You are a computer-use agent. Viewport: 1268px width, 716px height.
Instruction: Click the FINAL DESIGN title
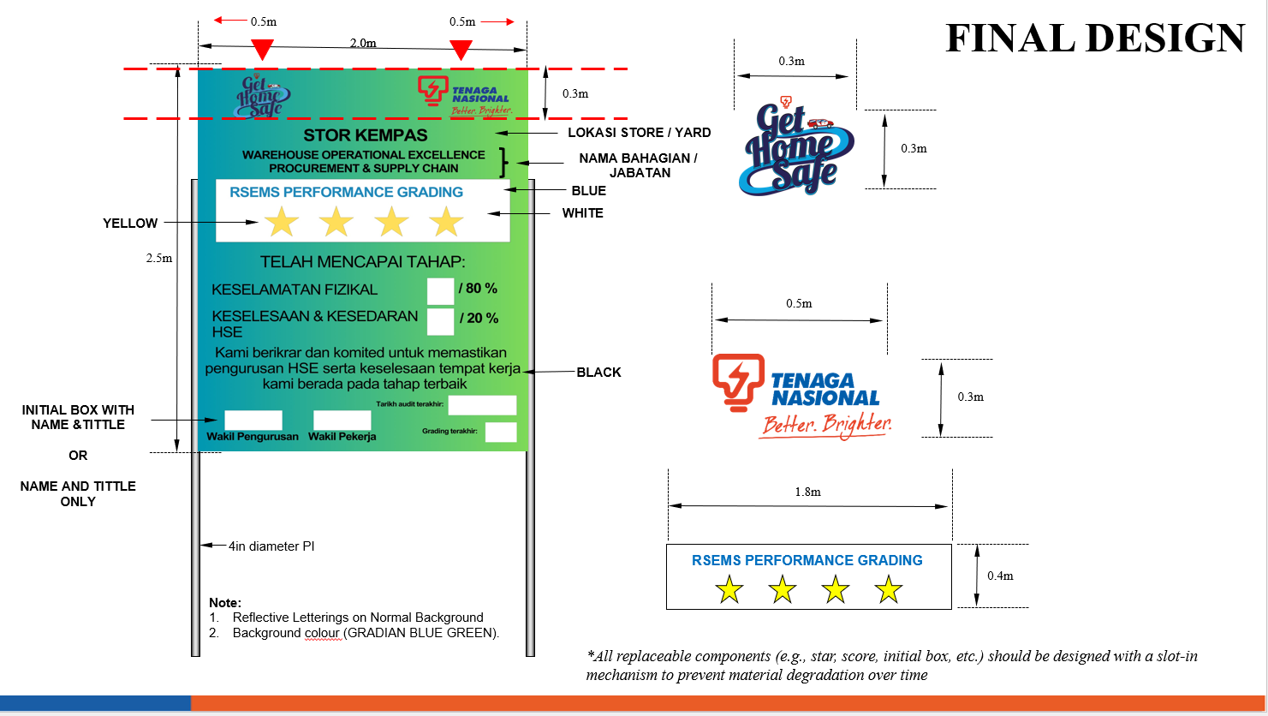(1095, 39)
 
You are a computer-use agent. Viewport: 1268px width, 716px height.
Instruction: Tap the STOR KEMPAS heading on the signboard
(365, 134)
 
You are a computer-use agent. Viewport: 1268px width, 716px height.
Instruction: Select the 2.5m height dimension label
(159, 259)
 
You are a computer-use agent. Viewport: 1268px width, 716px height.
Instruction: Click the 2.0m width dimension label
(363, 43)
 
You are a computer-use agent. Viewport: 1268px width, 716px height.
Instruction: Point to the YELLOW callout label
(130, 224)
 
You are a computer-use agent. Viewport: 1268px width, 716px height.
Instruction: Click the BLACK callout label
(599, 373)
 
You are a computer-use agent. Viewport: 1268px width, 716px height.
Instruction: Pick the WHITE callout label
(582, 213)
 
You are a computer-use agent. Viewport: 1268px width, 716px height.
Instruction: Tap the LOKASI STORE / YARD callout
(639, 133)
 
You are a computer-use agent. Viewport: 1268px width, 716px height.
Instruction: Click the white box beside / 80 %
(440, 291)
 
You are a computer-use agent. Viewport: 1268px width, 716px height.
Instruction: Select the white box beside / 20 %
(440, 321)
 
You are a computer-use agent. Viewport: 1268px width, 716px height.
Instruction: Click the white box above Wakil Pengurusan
(253, 421)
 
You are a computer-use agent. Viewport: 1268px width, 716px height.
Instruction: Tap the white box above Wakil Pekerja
(342, 421)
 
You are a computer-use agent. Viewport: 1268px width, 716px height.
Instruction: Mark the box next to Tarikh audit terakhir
(482, 405)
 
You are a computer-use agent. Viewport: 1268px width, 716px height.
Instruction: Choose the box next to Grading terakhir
(501, 433)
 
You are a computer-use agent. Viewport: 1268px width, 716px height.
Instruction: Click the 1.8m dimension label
(807, 492)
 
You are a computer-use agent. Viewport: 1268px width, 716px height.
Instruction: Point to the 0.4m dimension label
(1000, 576)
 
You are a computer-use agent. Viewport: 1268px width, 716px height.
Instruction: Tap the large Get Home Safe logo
(796, 147)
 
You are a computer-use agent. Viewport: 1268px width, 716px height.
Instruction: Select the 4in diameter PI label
(271, 546)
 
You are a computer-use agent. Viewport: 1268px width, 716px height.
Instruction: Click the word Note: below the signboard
(224, 602)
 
